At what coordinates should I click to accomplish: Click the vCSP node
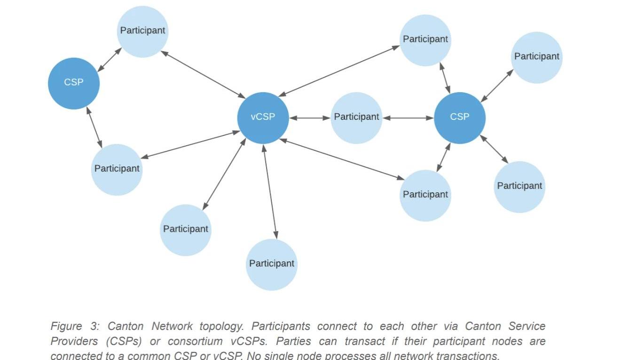point(263,117)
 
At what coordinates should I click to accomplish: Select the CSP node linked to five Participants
point(459,117)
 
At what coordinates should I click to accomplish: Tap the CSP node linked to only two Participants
point(74,83)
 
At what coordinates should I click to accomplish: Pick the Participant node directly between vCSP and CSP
point(356,117)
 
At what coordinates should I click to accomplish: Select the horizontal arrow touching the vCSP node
point(310,118)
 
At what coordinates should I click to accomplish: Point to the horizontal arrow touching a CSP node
point(408,118)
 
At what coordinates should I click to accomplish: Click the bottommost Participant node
point(272,264)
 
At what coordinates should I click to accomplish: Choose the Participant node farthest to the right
point(536,57)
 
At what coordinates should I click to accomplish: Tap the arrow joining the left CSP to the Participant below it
point(94,127)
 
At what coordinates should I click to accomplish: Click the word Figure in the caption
point(66,326)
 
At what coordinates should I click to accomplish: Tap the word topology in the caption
point(221,327)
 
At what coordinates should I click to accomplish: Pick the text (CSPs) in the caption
point(124,341)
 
